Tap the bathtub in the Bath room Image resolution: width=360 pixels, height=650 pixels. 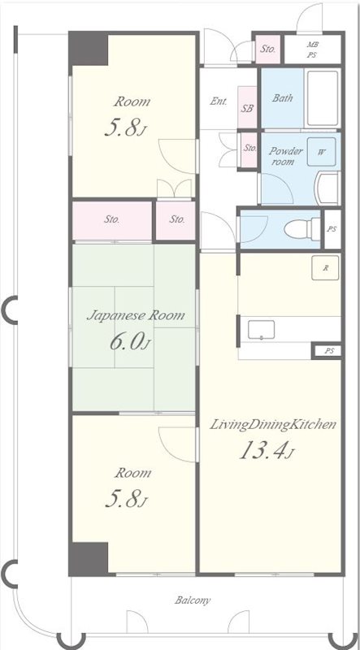[323, 98]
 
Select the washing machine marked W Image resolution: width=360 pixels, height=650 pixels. [322, 152]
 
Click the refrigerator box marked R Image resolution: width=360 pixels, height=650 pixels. [326, 267]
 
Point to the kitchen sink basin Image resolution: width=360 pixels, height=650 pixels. [261, 330]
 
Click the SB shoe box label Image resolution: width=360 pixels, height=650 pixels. [248, 108]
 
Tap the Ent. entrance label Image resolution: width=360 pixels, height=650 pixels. [219, 101]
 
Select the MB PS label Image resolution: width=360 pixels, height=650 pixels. [312, 50]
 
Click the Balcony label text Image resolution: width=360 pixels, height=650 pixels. [192, 600]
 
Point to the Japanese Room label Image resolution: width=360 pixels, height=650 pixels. [136, 316]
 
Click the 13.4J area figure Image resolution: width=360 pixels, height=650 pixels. [267, 450]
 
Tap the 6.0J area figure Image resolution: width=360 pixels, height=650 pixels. [129, 343]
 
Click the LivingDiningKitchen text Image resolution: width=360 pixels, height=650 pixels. [272, 425]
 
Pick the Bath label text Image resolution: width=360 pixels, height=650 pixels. [283, 98]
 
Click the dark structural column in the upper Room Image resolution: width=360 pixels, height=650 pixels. [89, 49]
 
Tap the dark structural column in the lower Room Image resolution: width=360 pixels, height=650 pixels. [89, 558]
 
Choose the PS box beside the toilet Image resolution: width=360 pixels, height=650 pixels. [332, 229]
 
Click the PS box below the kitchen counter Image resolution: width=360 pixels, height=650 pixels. [327, 352]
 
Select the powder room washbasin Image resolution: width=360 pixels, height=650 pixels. [328, 188]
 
